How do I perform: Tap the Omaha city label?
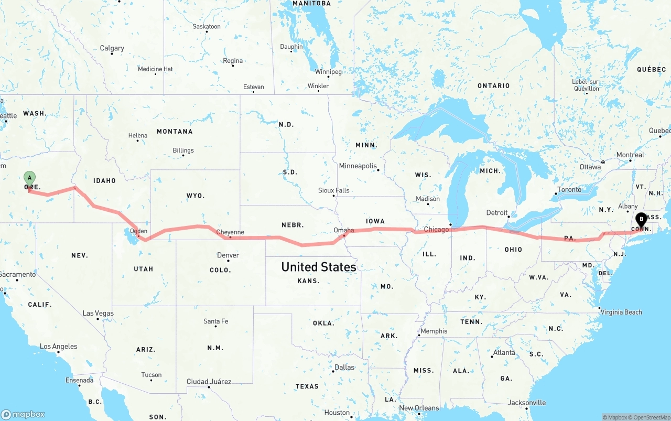(x=344, y=230)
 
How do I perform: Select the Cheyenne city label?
(x=230, y=232)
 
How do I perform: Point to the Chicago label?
(x=436, y=229)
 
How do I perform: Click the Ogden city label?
(x=138, y=231)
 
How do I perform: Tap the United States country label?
(x=319, y=267)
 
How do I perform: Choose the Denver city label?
(x=228, y=255)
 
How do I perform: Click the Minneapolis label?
(x=358, y=166)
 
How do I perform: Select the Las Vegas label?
(x=98, y=314)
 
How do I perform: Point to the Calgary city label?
(x=112, y=48)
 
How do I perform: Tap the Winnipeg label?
(x=328, y=72)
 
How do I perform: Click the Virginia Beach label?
(x=621, y=312)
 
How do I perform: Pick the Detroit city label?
(x=497, y=213)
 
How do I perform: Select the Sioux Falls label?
(x=334, y=190)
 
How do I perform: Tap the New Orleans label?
(x=419, y=408)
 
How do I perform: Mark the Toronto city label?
(x=569, y=190)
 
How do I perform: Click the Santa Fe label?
(x=216, y=321)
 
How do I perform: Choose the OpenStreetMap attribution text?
(x=651, y=417)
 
